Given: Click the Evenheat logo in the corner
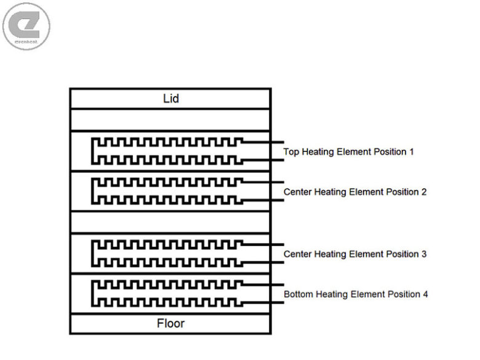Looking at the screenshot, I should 26,26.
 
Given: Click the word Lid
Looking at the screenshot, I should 170,98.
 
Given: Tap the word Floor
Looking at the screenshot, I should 170,323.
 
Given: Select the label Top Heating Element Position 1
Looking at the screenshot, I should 348,151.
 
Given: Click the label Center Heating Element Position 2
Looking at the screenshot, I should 355,192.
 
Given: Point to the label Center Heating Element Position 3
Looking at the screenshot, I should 355,254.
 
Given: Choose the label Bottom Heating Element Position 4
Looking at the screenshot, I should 356,294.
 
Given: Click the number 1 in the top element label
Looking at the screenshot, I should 411,151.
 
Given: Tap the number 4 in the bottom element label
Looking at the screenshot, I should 425,294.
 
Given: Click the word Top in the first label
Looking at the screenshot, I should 292,151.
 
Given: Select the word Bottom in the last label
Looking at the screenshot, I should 298,294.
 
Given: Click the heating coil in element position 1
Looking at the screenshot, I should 166,151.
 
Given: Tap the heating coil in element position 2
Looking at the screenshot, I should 166,191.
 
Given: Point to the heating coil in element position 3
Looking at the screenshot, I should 166,254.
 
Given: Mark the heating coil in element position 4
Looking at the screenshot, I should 166,294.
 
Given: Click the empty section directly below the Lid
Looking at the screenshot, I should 170,119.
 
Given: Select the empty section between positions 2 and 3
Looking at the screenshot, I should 170,222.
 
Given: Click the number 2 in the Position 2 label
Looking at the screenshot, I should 423,192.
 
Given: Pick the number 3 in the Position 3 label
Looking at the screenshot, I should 423,254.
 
